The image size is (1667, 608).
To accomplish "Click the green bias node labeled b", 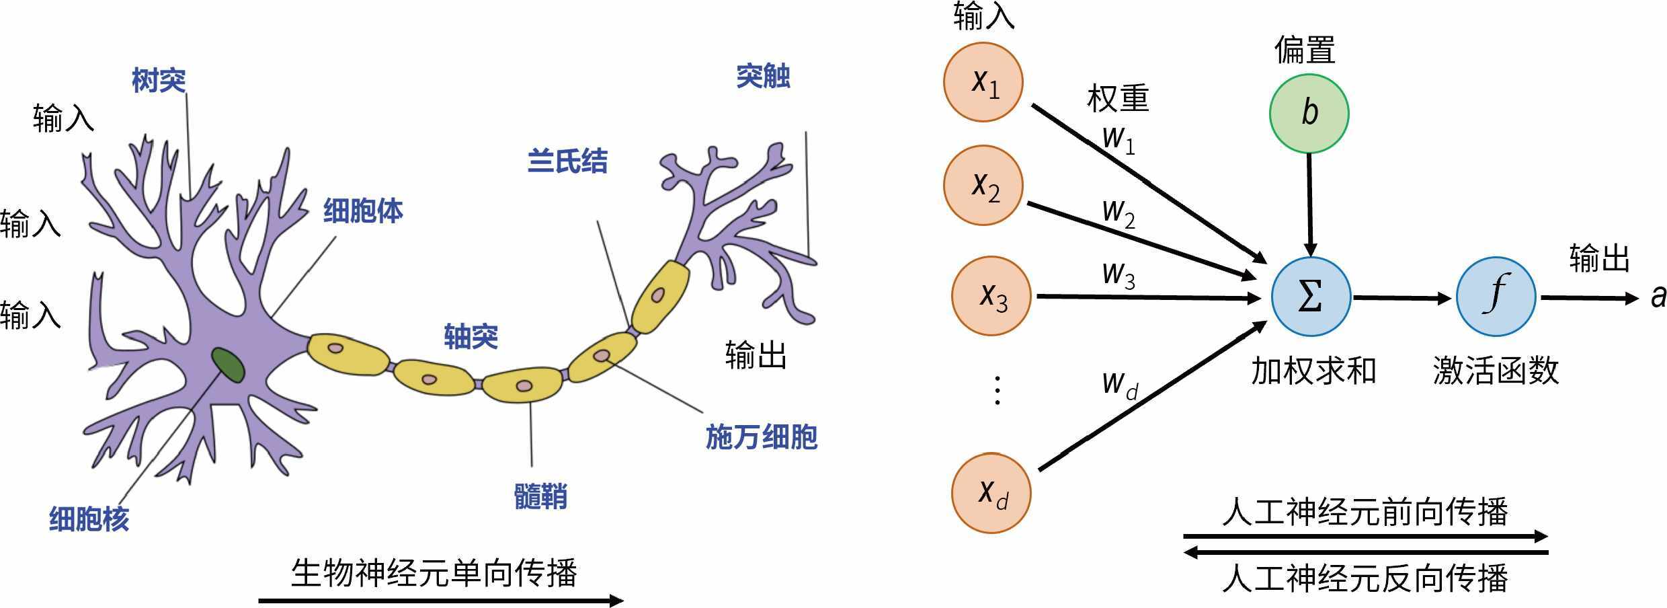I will pos(1309,114).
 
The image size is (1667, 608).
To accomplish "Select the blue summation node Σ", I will pos(1311,297).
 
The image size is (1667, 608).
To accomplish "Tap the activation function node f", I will pos(1496,297).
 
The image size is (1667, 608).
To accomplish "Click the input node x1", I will pos(983,82).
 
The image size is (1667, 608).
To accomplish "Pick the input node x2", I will pos(983,185).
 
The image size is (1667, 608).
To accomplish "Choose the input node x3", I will pos(991,296).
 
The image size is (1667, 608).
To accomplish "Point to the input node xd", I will pos(991,493).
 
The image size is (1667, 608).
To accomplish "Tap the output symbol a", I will pos(1658,297).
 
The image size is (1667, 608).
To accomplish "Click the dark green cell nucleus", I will pos(228,365).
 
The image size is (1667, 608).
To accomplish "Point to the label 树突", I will pos(159,81).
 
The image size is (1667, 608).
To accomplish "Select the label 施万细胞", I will pos(761,437).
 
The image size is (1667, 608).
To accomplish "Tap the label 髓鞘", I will pos(540,497).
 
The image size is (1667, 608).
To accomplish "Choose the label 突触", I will pos(763,77).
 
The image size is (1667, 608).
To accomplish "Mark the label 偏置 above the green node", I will pos(1304,50).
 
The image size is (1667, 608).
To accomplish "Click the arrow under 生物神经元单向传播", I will pos(440,600).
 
